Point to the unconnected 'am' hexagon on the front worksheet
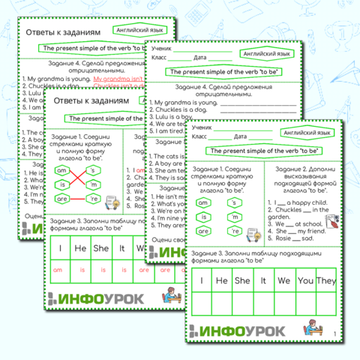(202, 202)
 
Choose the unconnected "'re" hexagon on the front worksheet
(236, 231)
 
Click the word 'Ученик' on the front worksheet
(202, 129)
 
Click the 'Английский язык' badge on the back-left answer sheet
(141, 31)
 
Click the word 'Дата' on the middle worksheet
(200, 57)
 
